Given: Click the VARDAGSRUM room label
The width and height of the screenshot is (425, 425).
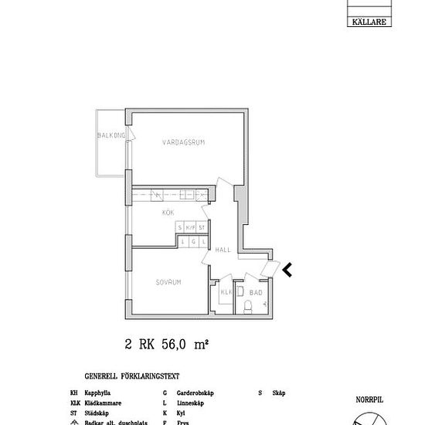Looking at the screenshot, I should [x=183, y=142].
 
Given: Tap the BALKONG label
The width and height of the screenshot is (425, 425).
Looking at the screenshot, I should [x=110, y=135].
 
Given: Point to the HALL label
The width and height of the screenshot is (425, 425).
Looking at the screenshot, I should [x=223, y=250].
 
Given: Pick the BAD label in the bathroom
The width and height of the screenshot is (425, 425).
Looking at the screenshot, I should [x=256, y=293].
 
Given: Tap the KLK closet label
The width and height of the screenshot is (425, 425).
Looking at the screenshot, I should [x=226, y=293].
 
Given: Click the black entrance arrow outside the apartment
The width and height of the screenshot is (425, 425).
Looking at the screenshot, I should [x=287, y=269].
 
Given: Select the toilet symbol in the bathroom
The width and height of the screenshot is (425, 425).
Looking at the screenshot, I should [x=246, y=308].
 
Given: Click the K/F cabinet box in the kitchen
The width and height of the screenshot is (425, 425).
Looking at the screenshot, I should [x=191, y=228].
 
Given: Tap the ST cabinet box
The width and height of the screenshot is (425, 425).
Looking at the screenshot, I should [x=202, y=228].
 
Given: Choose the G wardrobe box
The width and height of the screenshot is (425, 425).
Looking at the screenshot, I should [x=192, y=242].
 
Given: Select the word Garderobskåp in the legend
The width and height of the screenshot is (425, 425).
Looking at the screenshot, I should [x=192, y=393].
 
